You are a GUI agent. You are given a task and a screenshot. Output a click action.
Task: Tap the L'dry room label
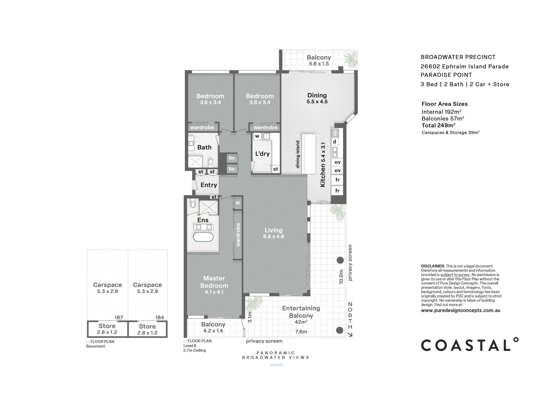pyautogui.click(x=262, y=154)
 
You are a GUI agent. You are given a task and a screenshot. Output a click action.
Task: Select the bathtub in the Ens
pyautogui.click(x=203, y=237)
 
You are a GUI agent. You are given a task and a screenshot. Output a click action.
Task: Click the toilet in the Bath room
pyautogui.click(x=211, y=162)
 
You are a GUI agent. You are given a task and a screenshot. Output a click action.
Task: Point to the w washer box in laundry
pyautogui.click(x=257, y=136)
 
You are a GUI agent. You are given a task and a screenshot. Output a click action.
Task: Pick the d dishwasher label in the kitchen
pyautogui.click(x=335, y=142)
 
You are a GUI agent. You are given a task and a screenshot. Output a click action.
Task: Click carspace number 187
pyautogui.click(x=119, y=318)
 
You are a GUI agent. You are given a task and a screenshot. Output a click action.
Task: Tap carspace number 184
pyautogui.click(x=160, y=318)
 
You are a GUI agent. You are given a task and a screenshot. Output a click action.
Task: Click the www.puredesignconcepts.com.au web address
pyautogui.click(x=461, y=311)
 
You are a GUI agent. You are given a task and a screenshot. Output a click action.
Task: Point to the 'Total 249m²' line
pyautogui.click(x=438, y=125)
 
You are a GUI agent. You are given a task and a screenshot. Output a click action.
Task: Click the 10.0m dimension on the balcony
pyautogui.click(x=341, y=277)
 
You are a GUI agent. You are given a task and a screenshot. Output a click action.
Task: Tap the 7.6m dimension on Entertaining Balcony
pyautogui.click(x=301, y=332)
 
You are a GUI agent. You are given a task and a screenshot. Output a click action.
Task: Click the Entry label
pyautogui.click(x=208, y=185)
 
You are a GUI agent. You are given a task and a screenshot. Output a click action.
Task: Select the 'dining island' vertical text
pyautogui.click(x=298, y=154)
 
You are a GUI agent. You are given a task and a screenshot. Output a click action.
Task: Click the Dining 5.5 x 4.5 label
pyautogui.click(x=317, y=98)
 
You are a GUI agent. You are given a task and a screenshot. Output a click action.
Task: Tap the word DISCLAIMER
pyautogui.click(x=433, y=266)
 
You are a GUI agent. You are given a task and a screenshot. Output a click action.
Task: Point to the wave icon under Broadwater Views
pyautogui.click(x=277, y=365)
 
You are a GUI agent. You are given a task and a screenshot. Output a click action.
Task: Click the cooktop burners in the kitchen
pyautogui.click(x=335, y=133)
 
